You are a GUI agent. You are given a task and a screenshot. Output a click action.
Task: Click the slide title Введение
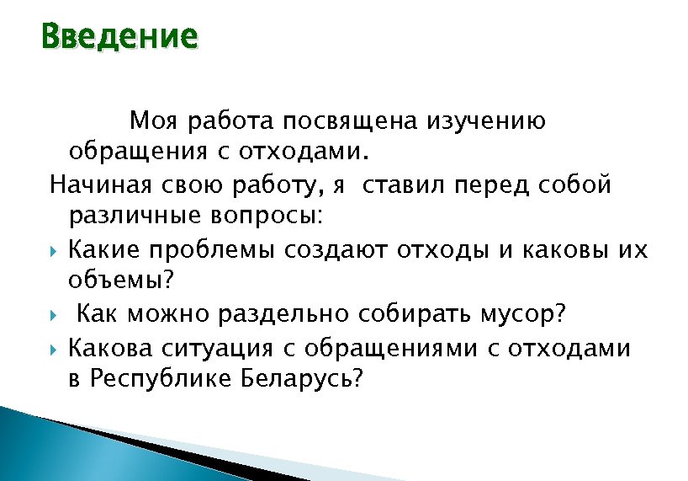[x=119, y=38]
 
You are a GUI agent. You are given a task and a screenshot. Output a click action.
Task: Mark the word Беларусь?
[x=301, y=379]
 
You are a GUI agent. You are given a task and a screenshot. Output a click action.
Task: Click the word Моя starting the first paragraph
[x=155, y=121]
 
